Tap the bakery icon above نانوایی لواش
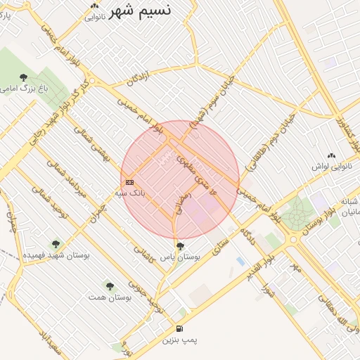tap(332, 156)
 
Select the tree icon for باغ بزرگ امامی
tap(24, 77)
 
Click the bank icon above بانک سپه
tap(129, 182)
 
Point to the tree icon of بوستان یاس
tap(181, 246)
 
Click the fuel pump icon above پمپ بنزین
tap(180, 328)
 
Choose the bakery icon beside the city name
tap(94, 6)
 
